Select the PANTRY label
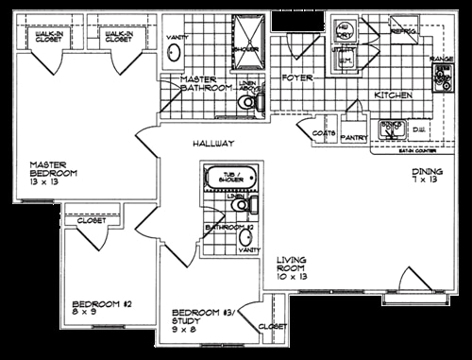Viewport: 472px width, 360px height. [x=354, y=138]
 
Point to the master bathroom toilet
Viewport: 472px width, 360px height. [x=247, y=106]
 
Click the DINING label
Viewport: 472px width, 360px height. [x=427, y=172]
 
